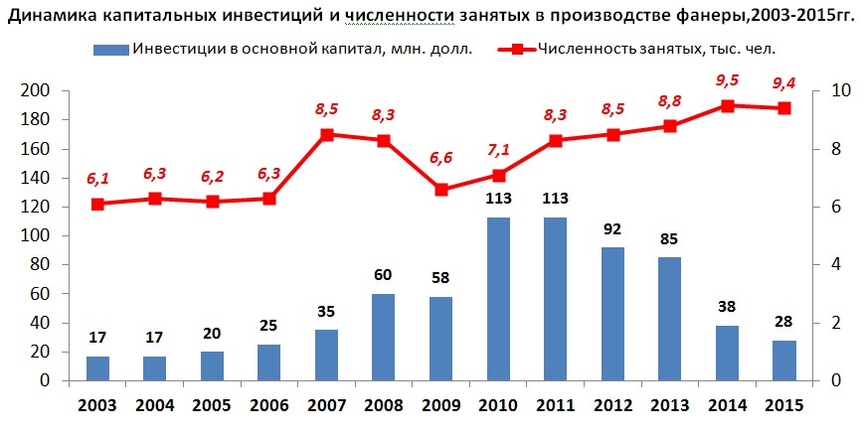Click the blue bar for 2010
pyautogui.click(x=498, y=299)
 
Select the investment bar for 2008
pyautogui.click(x=384, y=338)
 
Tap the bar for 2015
pyautogui.click(x=784, y=361)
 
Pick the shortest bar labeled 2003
pyautogui.click(x=97, y=368)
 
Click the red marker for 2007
pyautogui.click(x=327, y=135)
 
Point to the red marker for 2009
pyautogui.click(x=441, y=190)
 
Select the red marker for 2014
pyautogui.click(x=728, y=106)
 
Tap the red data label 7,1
pyautogui.click(x=498, y=150)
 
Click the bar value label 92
pyautogui.click(x=612, y=228)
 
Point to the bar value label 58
pyautogui.click(x=440, y=278)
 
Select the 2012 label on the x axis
pyautogui.click(x=612, y=406)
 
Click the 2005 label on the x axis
pyautogui.click(x=212, y=406)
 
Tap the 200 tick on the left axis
pyautogui.click(x=35, y=90)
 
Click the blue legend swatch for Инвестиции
pyautogui.click(x=110, y=50)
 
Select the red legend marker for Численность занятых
pyautogui.click(x=517, y=50)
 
